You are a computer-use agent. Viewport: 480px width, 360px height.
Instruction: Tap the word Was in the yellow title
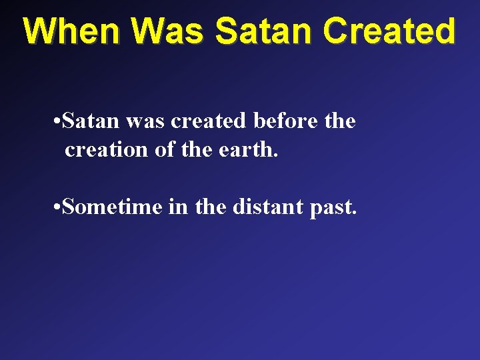click(x=167, y=31)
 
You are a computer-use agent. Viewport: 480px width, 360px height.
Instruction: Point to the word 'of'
click(x=164, y=150)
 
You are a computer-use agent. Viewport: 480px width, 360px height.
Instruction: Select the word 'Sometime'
click(x=113, y=207)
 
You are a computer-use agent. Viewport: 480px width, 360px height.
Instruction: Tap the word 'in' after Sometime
click(x=179, y=207)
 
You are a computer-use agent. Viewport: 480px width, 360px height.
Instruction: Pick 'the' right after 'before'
click(x=340, y=121)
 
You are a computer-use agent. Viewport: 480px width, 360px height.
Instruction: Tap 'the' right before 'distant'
click(x=211, y=207)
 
